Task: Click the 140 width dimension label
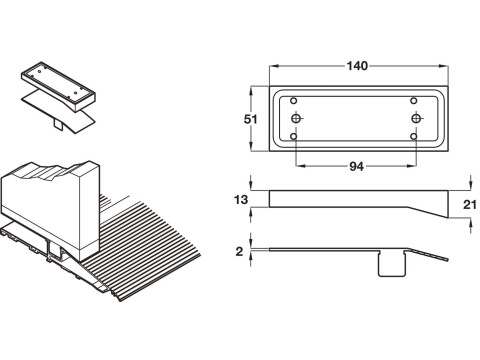tap(357, 66)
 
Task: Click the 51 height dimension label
tap(251, 119)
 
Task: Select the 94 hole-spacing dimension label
tap(356, 166)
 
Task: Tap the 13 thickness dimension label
tap(241, 200)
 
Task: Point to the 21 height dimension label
tap(470, 204)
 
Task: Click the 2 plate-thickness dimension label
tap(239, 252)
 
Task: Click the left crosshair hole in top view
tap(296, 118)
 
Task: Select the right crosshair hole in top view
tap(416, 118)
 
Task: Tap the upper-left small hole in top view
tap(294, 101)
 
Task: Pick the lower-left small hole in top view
tap(294, 136)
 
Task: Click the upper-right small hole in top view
tap(414, 101)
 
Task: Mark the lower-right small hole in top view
tap(414, 136)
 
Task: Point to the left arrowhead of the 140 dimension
tap(273, 66)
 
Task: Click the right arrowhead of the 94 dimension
tap(412, 166)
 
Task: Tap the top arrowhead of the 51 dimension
tap(251, 90)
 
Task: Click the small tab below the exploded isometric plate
tap(59, 124)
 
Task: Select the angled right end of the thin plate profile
tap(426, 254)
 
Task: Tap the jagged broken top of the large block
tap(50, 169)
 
